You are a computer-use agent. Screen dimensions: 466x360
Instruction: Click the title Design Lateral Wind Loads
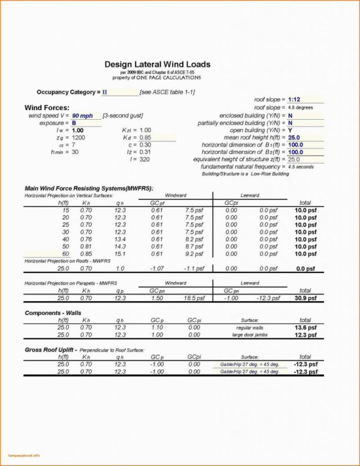click(158, 64)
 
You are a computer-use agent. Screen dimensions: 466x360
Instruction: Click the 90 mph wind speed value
click(82, 115)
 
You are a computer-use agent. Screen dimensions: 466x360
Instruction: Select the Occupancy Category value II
click(105, 92)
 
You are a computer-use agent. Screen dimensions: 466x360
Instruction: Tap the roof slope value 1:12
click(294, 99)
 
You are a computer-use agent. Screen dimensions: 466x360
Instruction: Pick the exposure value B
click(74, 122)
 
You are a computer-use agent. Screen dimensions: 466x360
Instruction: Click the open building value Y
click(290, 129)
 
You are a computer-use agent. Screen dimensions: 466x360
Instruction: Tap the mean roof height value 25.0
click(294, 137)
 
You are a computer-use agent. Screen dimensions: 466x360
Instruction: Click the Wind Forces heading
click(47, 107)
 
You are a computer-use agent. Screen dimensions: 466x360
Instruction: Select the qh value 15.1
click(120, 254)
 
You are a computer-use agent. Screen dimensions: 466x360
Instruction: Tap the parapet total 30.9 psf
click(305, 298)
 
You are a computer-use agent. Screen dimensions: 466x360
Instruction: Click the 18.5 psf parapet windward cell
click(194, 298)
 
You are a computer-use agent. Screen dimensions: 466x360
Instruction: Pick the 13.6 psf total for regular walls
click(305, 328)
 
